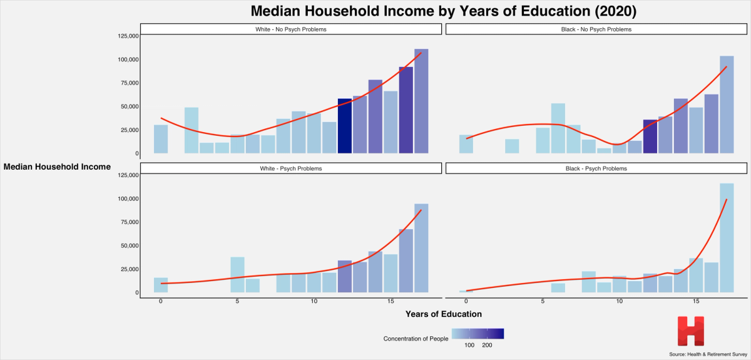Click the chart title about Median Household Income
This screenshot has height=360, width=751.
444,11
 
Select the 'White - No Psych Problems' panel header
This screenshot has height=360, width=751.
292,29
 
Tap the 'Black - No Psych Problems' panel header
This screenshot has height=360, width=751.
596,29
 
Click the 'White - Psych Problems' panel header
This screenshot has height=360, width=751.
292,168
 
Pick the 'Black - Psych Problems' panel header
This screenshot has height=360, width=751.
596,168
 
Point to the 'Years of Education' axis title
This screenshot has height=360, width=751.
444,313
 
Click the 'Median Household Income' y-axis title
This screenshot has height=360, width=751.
57,167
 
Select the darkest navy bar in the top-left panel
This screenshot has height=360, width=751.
345,126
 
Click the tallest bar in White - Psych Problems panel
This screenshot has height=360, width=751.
421,248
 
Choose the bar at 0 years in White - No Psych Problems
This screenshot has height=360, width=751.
161,139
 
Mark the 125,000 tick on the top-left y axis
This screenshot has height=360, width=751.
128,36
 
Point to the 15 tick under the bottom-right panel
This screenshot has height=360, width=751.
696,301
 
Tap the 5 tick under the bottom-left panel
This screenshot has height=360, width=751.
237,301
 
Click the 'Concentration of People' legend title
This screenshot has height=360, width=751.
416,339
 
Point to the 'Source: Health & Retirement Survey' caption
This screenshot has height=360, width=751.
708,354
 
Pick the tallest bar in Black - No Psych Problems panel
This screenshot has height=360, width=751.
727,105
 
